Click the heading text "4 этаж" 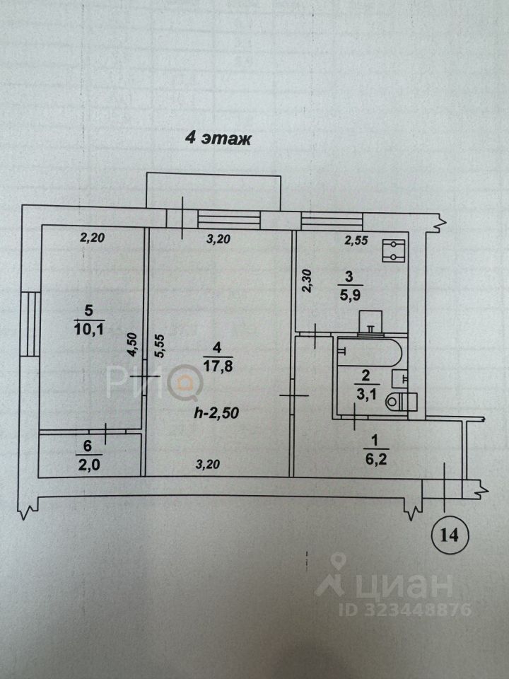point(218,138)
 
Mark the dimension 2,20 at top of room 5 point(92,238)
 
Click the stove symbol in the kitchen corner point(392,250)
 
